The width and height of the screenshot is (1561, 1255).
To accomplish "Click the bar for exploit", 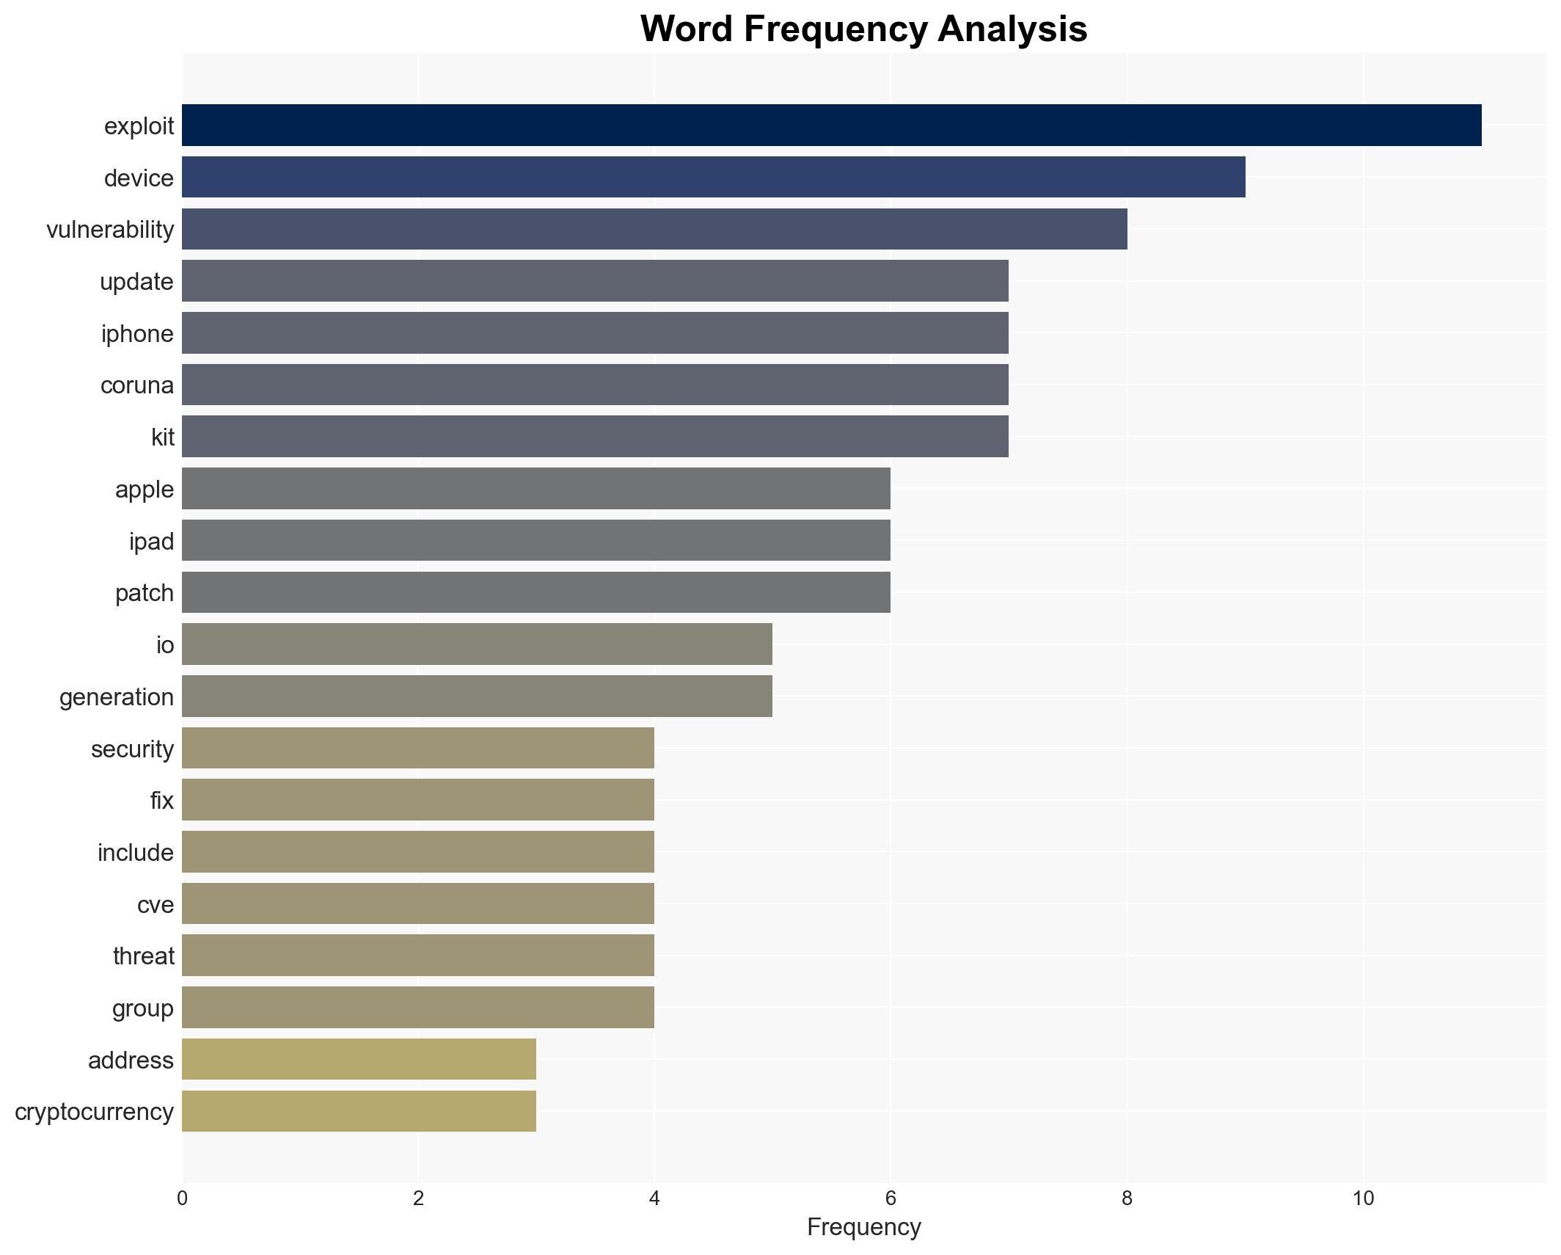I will click(831, 125).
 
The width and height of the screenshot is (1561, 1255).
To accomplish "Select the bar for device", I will click(713, 178).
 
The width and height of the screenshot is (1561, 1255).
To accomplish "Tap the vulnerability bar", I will click(654, 229).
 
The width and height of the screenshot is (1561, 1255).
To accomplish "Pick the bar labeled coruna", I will click(595, 385).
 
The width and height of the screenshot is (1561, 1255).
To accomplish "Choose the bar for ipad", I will click(535, 541).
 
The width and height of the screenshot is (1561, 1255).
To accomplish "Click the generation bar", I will click(477, 696).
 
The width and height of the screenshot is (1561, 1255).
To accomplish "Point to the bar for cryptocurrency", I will click(359, 1111).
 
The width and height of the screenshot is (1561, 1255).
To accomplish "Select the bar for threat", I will click(417, 956).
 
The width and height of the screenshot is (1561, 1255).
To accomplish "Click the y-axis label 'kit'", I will click(162, 437).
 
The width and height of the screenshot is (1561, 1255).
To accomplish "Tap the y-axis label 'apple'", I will click(145, 490).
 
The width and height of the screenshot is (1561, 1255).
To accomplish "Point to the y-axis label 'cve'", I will click(156, 905).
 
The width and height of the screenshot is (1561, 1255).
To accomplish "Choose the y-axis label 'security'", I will click(132, 749).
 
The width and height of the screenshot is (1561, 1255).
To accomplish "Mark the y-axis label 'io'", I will click(165, 645).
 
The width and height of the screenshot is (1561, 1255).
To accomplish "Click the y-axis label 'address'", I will click(131, 1061).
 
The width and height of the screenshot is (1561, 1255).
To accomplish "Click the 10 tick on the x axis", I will click(1363, 1199).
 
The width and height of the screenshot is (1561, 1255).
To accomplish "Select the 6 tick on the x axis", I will click(891, 1199).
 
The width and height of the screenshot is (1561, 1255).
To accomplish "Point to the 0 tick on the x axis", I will click(182, 1199).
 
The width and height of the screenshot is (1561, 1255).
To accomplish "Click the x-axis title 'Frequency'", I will click(863, 1227).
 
